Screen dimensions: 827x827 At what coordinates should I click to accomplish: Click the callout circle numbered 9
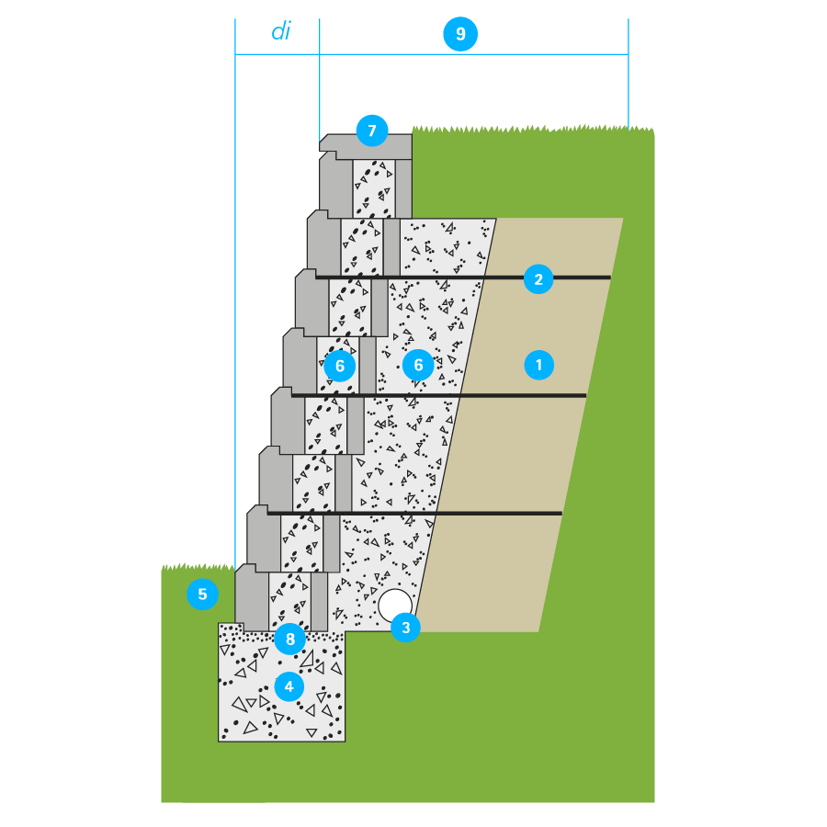460,35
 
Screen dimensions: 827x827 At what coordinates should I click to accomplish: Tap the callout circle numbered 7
372,130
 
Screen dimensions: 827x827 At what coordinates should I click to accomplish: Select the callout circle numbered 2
538,279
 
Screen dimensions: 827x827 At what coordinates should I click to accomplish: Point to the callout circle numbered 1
538,365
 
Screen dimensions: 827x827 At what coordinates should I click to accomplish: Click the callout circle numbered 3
405,628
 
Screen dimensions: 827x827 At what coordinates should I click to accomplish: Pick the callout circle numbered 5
202,595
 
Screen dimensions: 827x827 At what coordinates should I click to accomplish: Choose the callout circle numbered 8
289,639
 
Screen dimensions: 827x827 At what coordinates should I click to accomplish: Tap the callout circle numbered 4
289,685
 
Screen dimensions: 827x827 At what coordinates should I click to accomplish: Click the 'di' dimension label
280,32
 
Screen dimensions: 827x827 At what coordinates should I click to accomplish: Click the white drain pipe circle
395,605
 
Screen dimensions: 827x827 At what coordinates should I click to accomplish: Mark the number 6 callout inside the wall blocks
339,366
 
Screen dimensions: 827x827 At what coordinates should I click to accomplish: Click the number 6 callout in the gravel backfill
418,365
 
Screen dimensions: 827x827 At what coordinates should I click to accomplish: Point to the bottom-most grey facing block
252,597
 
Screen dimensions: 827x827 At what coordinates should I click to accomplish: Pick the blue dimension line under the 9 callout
551,54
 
